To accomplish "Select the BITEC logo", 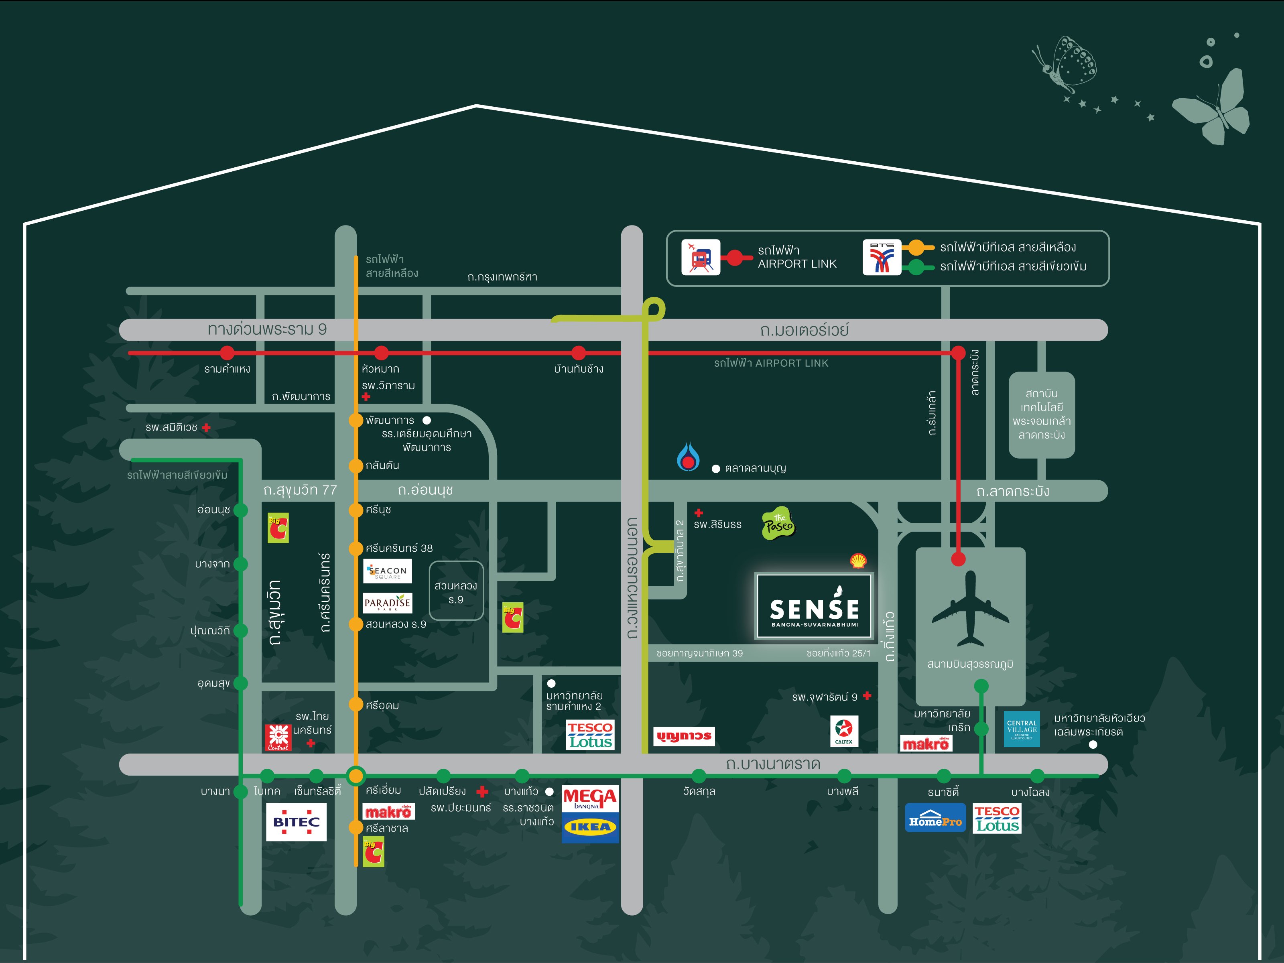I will [296, 822].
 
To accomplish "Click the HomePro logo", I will [935, 818].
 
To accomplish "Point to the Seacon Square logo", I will [387, 571].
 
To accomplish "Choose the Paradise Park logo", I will [387, 603].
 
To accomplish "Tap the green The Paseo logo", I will [778, 524].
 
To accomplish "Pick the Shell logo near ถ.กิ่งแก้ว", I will [858, 561].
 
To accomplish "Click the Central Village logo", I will [1022, 729].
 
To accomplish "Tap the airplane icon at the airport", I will [970, 609].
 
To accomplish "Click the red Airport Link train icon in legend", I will [701, 257].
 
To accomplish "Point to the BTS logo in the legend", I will [881, 257].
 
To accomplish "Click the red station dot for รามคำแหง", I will [227, 352].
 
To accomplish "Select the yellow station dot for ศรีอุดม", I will [356, 704].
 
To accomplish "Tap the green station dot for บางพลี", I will [844, 776].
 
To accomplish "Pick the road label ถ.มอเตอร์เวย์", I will [804, 330].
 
